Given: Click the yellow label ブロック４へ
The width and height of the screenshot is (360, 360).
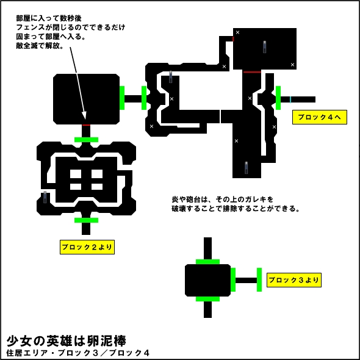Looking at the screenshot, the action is [319, 117].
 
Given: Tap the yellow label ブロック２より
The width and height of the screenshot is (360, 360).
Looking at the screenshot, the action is [87, 247].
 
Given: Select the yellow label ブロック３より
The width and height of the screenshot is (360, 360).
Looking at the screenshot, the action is [294, 280].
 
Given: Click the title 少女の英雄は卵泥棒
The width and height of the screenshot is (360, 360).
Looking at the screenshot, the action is [67, 340].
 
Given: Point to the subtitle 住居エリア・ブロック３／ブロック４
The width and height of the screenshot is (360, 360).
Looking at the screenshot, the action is [78, 353].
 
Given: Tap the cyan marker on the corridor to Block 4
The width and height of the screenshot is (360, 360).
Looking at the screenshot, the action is [290, 99].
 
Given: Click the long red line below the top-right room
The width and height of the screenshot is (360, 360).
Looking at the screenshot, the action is [252, 72].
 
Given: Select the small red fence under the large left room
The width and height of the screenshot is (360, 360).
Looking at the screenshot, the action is [86, 125].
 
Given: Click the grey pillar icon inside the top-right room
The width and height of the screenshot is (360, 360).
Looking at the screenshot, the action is [264, 47].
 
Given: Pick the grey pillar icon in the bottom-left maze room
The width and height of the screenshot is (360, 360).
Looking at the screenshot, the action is [45, 197].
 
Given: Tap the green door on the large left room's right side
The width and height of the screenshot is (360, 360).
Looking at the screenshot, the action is [122, 98].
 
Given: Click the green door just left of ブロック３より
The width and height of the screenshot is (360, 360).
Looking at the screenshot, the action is [259, 279].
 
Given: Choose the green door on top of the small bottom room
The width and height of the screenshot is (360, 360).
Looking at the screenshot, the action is [208, 262].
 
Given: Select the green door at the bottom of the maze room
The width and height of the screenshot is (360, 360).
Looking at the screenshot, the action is [86, 220].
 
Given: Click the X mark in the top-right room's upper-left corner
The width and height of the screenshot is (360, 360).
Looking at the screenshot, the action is [237, 32].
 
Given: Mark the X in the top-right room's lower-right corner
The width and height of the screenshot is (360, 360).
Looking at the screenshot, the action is [292, 65].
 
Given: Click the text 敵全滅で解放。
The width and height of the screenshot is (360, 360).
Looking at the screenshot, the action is [40, 46].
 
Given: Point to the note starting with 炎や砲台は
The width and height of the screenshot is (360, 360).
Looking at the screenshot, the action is [236, 204].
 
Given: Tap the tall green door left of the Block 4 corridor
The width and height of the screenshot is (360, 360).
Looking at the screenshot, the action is [278, 98].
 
